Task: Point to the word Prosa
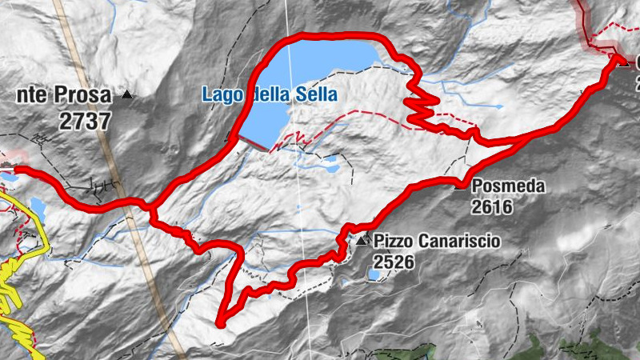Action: click(82, 96)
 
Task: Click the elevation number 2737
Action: click(84, 121)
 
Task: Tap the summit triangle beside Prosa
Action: click(126, 95)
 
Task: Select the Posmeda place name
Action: click(508, 187)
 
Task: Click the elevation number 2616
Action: click(492, 208)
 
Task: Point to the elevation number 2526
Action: click(392, 261)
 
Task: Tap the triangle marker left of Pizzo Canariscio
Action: click(362, 240)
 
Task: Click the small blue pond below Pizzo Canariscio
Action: click(374, 276)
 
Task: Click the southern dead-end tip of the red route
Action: click(219, 322)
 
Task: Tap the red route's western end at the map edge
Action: click(18, 170)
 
